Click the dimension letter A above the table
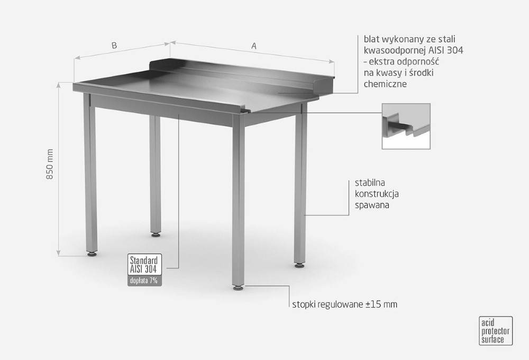pos(254,46)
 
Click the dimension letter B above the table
pos(114,45)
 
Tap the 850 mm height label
pos(50,164)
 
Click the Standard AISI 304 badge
pos(144,264)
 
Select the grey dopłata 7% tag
pos(144,281)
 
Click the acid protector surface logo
pos(496,331)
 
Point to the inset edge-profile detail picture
pos(406,127)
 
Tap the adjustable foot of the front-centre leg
pos(238,288)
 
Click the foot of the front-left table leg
pos(92,254)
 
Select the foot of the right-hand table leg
pos(299,265)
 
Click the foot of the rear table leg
pos(156,234)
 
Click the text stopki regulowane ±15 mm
pos(345,304)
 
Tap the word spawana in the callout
pos(372,205)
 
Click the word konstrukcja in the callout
pos(377,194)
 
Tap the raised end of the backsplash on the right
pos(323,85)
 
